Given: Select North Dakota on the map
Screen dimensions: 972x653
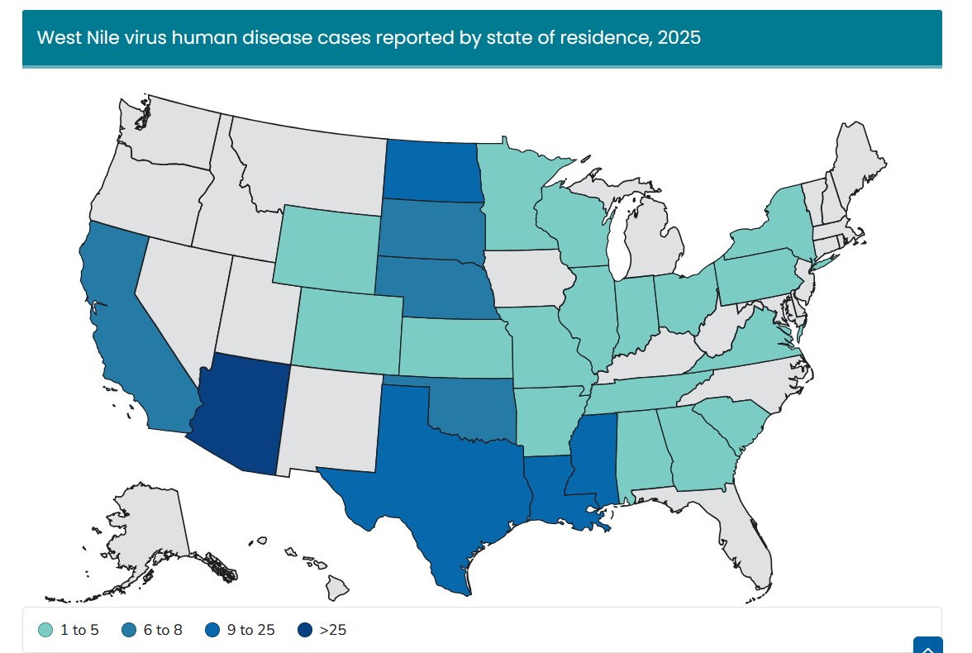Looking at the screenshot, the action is pos(433,170).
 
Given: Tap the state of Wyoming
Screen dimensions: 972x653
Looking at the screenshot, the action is pos(326,248).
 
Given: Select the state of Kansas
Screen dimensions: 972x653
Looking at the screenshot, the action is pos(455,347).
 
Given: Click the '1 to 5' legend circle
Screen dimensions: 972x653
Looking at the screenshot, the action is pos(45,630).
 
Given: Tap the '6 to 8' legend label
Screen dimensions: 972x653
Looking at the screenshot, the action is pos(163,630).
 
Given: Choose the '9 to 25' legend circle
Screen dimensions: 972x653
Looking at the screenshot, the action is pos(212,630).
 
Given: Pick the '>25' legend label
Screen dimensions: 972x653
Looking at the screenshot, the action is pos(333,630).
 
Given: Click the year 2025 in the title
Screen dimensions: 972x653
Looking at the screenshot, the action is pos(679,38).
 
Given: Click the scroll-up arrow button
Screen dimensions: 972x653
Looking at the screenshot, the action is pos(928,645).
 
